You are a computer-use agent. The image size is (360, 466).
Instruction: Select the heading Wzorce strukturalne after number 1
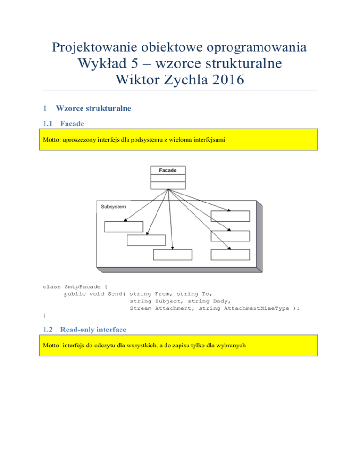click(93, 108)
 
